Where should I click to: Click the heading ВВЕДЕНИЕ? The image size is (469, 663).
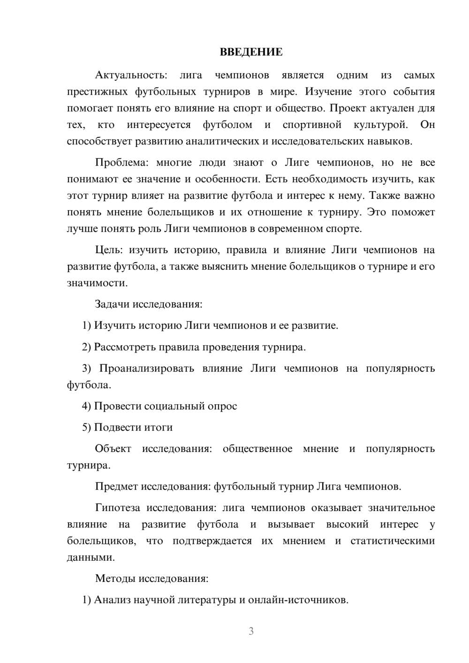[x=251, y=52]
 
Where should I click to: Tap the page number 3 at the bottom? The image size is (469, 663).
[x=251, y=631]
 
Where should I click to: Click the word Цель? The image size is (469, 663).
[x=108, y=250]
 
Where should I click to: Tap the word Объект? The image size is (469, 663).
[x=113, y=449]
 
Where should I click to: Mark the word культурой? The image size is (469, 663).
[x=381, y=125]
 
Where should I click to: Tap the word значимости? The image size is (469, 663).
[x=97, y=283]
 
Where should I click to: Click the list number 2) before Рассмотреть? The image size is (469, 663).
[x=86, y=347]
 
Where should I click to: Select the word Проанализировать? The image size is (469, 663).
[x=147, y=369]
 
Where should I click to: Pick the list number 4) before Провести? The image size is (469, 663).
[x=86, y=406]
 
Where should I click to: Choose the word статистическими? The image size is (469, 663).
[x=393, y=541]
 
